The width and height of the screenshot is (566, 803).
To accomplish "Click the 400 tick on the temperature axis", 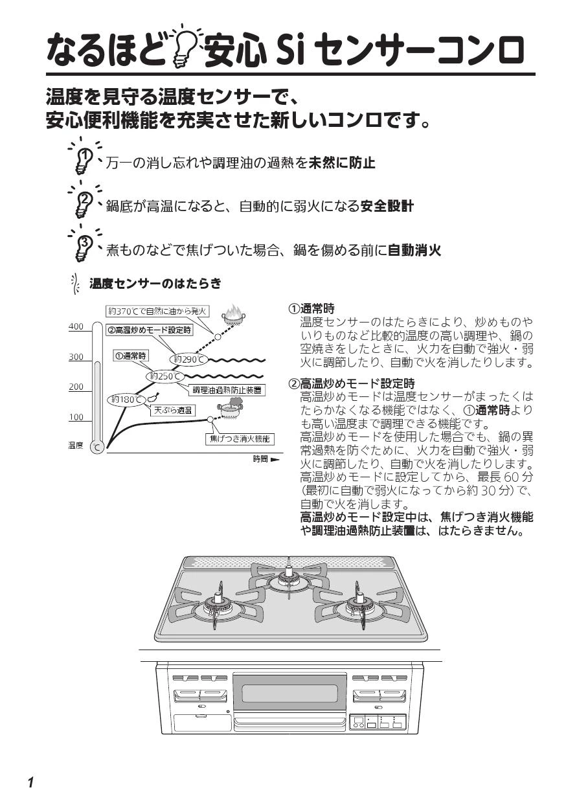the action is (x=76, y=326).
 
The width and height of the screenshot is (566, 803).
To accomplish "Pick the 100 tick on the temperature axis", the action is (x=76, y=417).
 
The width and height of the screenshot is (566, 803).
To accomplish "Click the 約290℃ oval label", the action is (x=188, y=359).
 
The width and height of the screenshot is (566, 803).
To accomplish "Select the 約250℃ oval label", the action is (x=165, y=376).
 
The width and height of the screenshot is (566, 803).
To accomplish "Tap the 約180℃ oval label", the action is (x=126, y=400).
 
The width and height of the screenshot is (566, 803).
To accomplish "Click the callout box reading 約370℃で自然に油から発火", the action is (x=157, y=311).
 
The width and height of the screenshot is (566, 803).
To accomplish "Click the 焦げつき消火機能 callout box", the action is (x=240, y=439).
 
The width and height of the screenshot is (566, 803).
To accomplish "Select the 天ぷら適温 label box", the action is (x=173, y=411).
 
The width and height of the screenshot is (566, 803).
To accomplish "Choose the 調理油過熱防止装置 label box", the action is (x=227, y=390).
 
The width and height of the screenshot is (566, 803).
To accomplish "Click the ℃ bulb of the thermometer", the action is (x=96, y=447).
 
